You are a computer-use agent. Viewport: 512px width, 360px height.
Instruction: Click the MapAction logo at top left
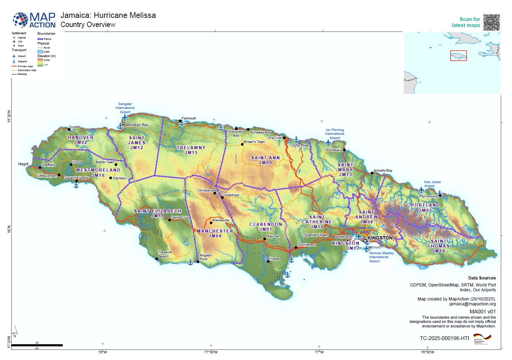(x=34, y=20)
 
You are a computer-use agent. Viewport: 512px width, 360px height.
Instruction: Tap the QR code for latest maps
(x=492, y=22)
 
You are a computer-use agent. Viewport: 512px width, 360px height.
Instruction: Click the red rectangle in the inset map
(x=458, y=56)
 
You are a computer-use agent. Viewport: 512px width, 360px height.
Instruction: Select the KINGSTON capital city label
(x=380, y=238)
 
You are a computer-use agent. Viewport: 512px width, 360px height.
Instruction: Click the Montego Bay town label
(x=137, y=125)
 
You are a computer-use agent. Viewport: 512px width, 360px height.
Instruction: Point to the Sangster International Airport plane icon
(x=125, y=117)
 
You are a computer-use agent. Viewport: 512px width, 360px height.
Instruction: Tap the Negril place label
(x=23, y=164)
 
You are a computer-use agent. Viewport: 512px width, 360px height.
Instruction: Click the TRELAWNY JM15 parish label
(x=191, y=150)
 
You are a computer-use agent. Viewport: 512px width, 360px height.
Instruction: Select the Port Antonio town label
(x=428, y=196)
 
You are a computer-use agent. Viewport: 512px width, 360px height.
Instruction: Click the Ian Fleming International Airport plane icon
(x=328, y=143)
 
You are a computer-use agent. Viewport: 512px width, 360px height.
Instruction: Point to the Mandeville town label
(x=221, y=220)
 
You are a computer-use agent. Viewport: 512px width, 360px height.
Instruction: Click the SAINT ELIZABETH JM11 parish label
(x=158, y=214)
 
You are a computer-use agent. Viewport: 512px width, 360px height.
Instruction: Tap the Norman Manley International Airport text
(x=381, y=257)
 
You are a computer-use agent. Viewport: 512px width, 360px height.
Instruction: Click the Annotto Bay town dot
(x=372, y=173)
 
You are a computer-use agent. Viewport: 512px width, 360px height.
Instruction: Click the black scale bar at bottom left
(x=37, y=345)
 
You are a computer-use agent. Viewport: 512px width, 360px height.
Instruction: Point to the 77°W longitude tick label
(x=319, y=352)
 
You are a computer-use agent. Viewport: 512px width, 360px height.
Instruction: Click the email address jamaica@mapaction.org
(x=472, y=304)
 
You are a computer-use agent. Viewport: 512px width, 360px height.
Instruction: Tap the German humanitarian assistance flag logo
(x=482, y=339)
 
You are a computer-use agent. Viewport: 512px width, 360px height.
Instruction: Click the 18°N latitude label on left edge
(x=9, y=229)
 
